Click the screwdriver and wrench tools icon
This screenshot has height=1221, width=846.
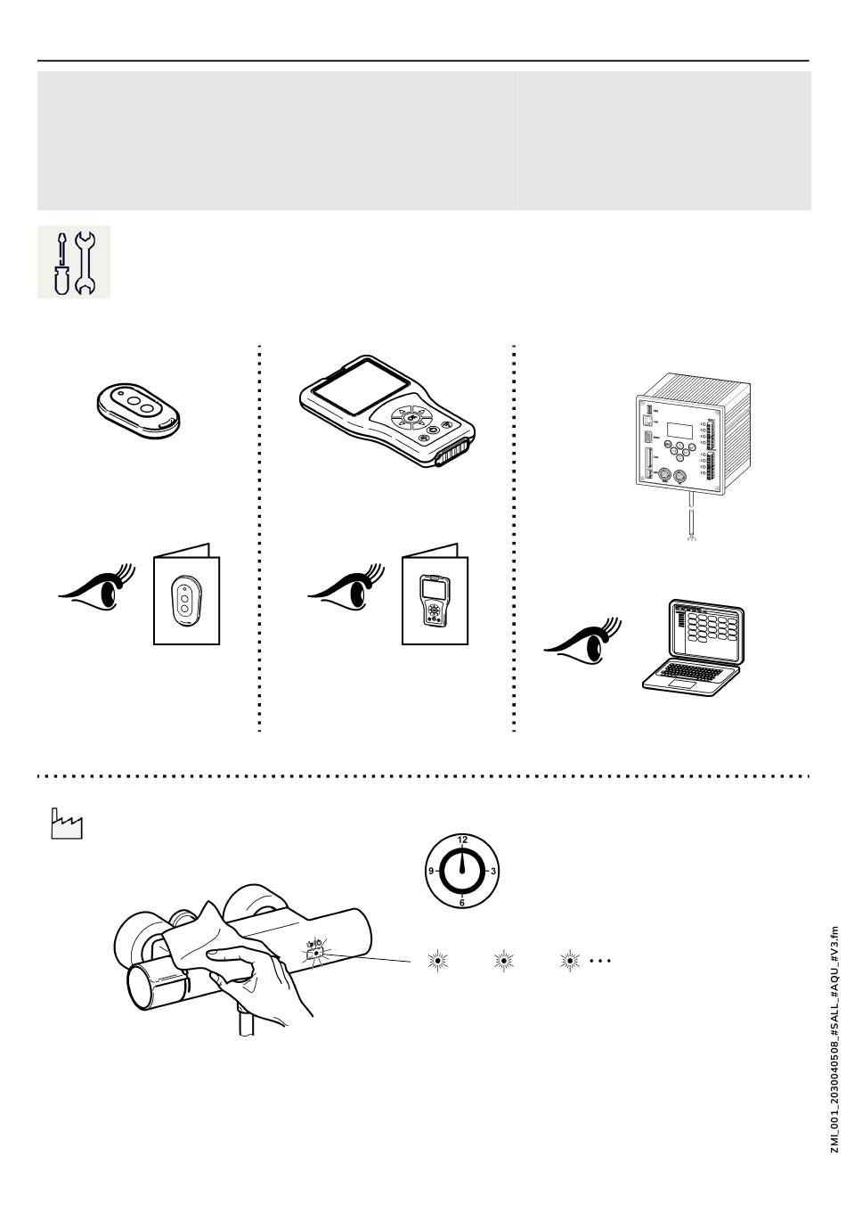[73, 262]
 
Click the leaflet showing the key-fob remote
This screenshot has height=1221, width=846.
[186, 595]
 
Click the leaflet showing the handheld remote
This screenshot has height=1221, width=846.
[435, 595]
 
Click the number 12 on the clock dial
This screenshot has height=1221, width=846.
[462, 840]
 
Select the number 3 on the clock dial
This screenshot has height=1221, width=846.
[493, 871]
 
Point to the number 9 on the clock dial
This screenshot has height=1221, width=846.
[431, 871]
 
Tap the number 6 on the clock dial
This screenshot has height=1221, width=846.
[462, 902]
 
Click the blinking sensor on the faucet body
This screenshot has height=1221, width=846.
[315, 955]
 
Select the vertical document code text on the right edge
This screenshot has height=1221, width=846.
[834, 1039]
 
